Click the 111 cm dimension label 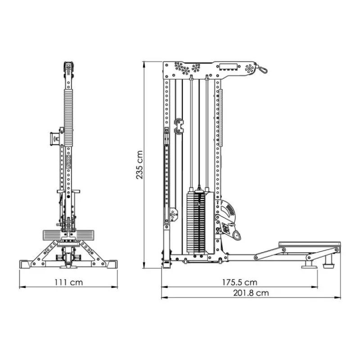click(68, 282)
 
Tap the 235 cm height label click(139, 165)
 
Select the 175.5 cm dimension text click(239, 282)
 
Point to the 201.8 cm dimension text click(251, 293)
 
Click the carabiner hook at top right click(263, 69)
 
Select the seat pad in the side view click(310, 244)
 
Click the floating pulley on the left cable click(179, 126)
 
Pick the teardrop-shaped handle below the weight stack click(237, 235)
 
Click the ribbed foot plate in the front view click(68, 235)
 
